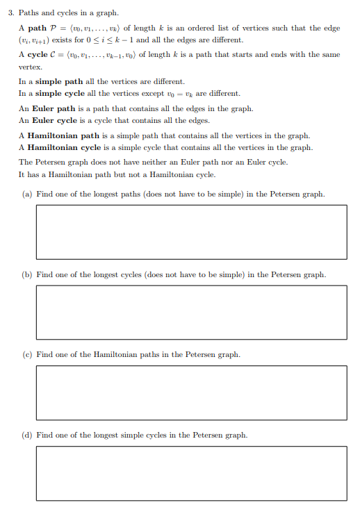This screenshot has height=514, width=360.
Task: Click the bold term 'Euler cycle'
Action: click(x=58, y=120)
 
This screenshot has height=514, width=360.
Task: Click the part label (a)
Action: click(x=25, y=194)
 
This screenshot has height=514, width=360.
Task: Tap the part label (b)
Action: click(x=25, y=275)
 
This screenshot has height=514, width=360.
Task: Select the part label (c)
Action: click(x=25, y=355)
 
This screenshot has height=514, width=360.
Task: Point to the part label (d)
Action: click(x=25, y=436)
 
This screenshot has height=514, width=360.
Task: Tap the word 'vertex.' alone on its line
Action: click(x=31, y=66)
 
